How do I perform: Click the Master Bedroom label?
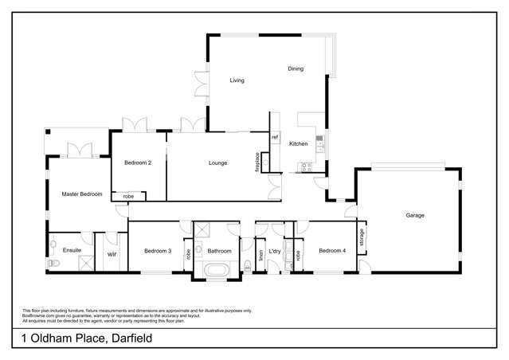82,194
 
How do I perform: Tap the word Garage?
414,216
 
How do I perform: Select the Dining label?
296,69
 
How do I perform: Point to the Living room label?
237,81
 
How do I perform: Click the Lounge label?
217,163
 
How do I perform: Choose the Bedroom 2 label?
138,163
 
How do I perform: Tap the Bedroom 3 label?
158,252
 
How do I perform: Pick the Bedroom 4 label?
332,252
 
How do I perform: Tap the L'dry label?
276,252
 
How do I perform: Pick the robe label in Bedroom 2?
128,196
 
